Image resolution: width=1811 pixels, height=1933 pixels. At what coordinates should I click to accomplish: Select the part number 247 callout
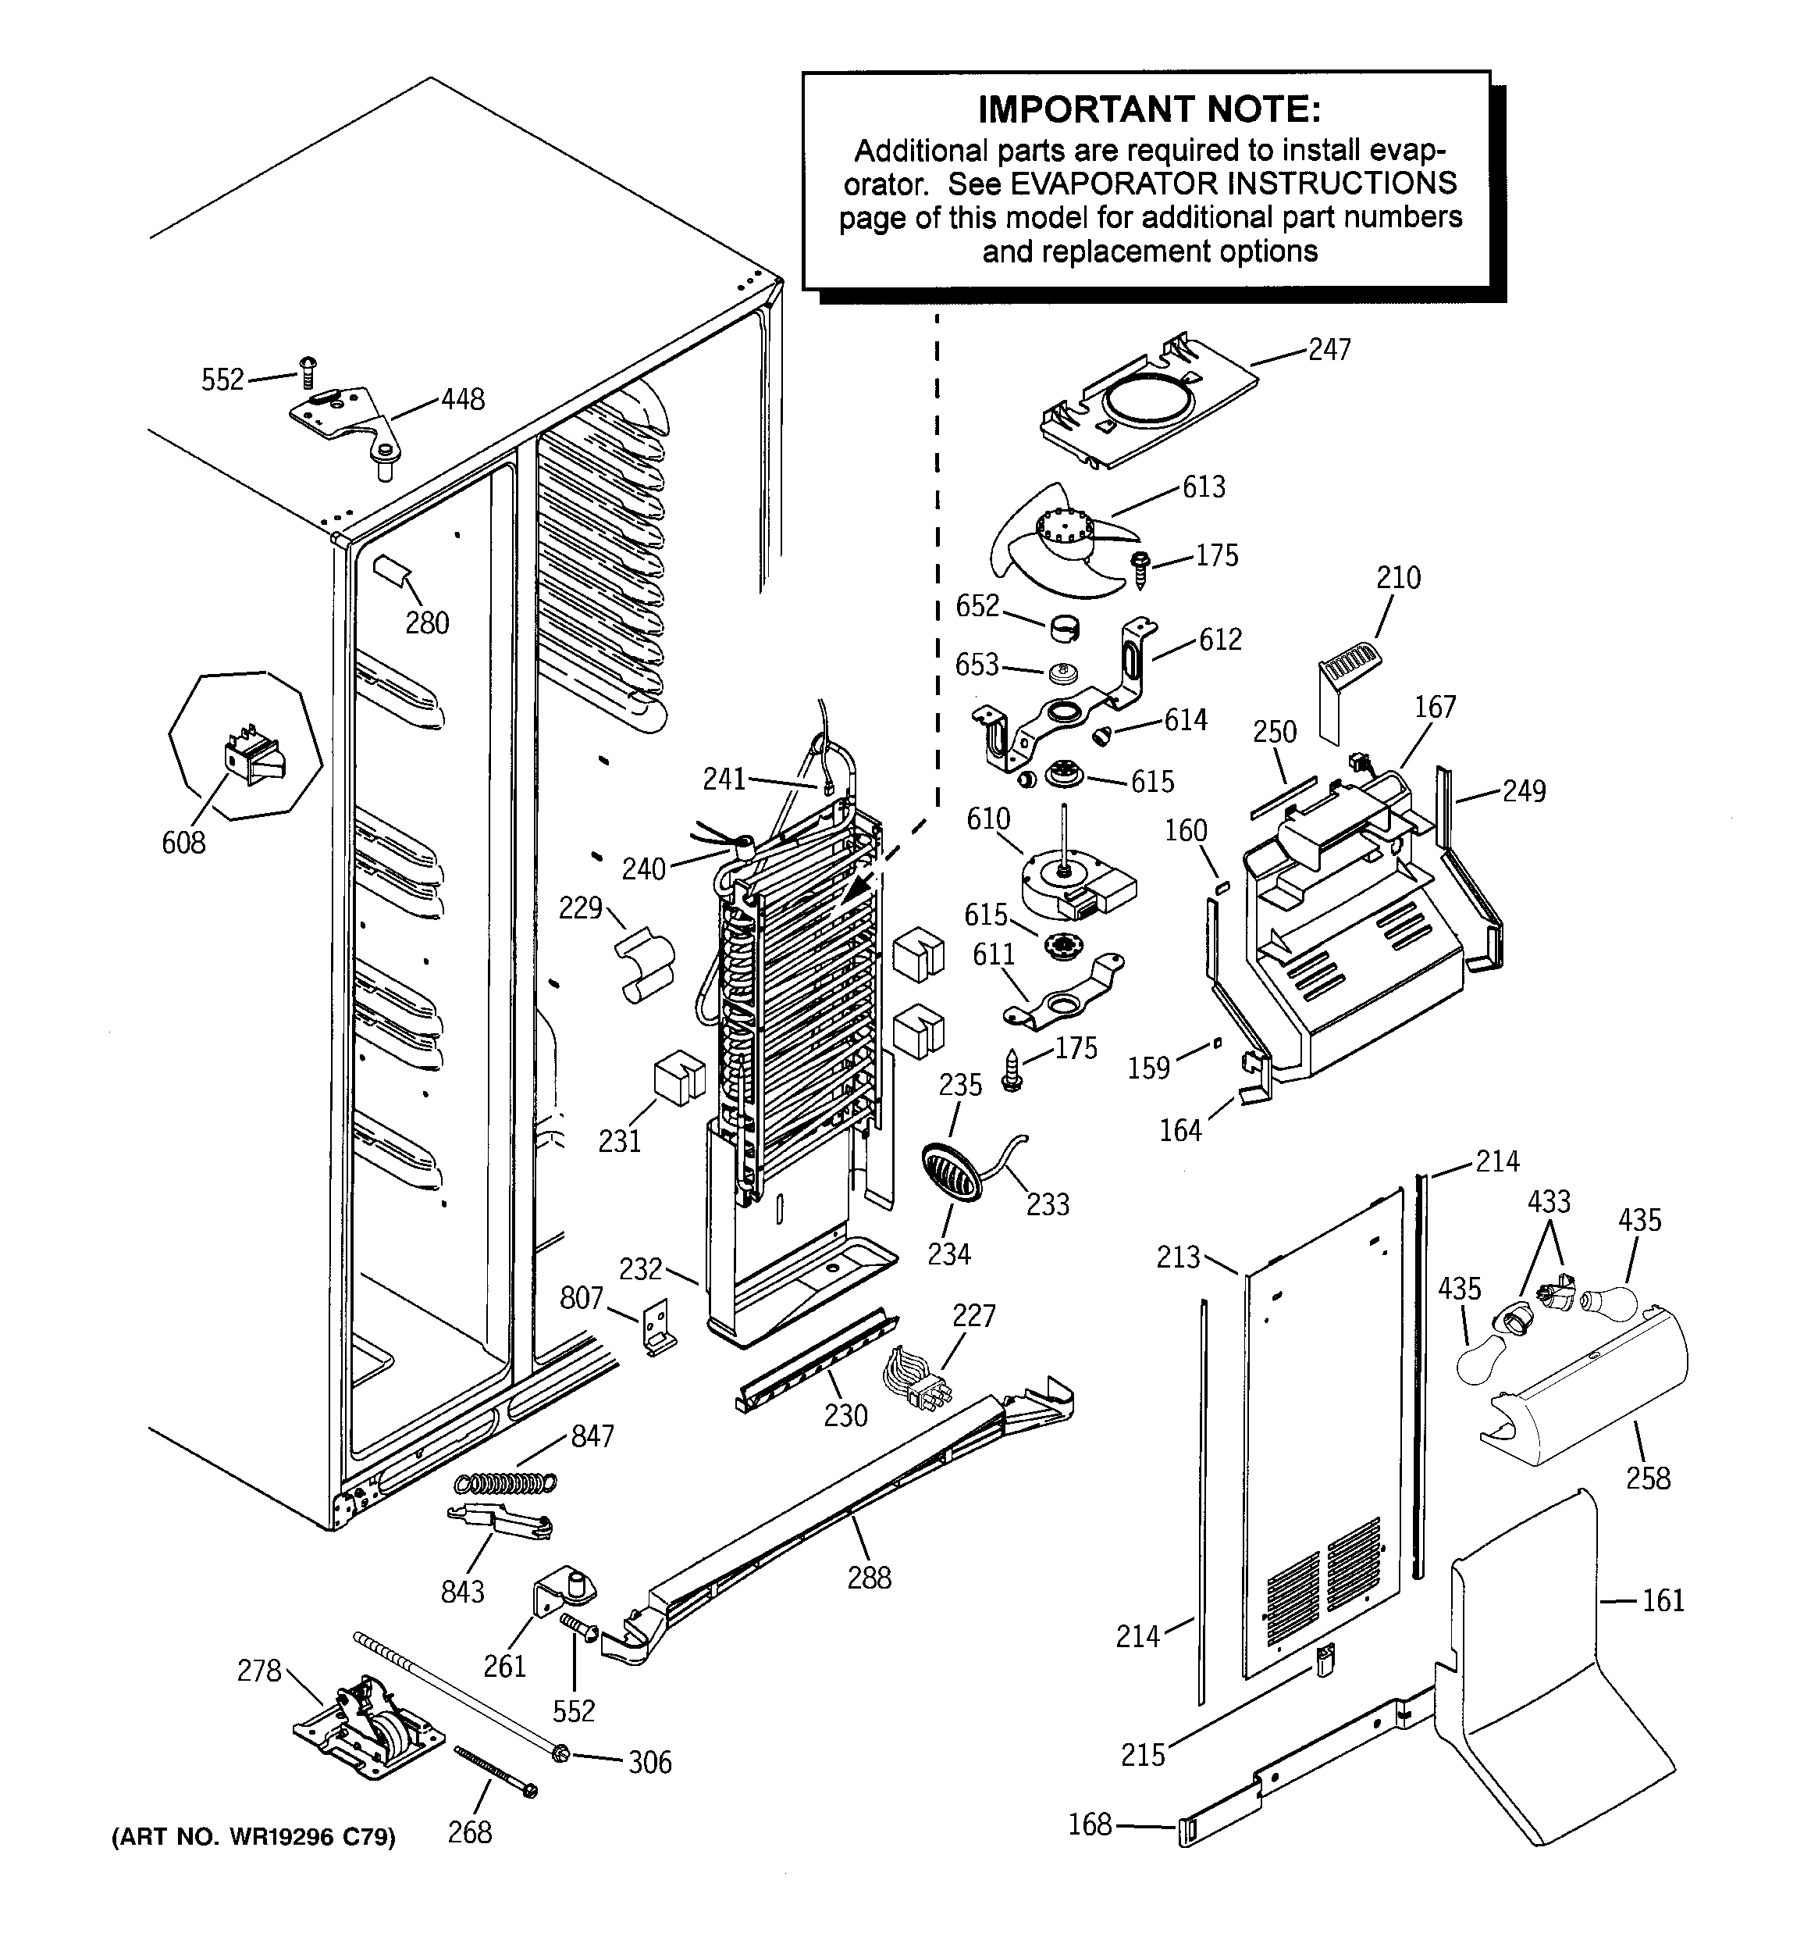[1329, 350]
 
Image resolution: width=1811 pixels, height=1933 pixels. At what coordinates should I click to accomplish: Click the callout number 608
[183, 843]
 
